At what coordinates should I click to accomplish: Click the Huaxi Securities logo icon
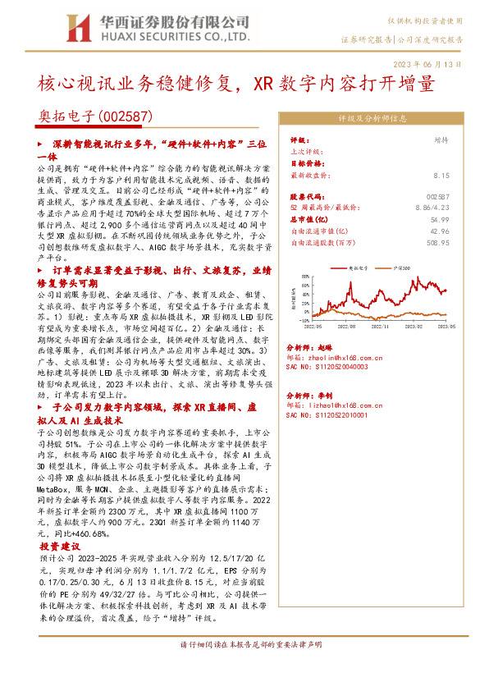pyautogui.click(x=79, y=28)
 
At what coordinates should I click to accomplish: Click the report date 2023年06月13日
pyautogui.click(x=438, y=63)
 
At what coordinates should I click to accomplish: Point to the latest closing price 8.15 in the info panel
pyautogui.click(x=441, y=175)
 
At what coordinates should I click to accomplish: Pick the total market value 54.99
pyautogui.click(x=441, y=221)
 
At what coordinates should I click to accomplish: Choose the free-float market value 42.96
pyautogui.click(x=441, y=231)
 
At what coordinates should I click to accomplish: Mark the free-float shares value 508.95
pyautogui.click(x=438, y=243)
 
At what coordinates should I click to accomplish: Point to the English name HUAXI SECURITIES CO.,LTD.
pyautogui.click(x=173, y=37)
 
